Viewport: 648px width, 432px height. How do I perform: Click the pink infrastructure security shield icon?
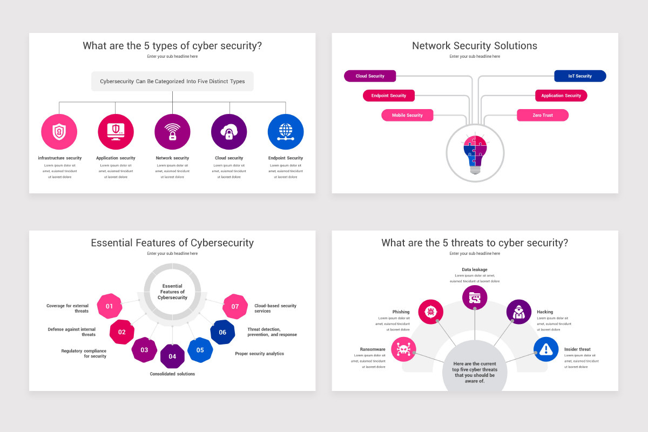(x=59, y=132)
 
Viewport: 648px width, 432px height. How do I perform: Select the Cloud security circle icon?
(x=229, y=132)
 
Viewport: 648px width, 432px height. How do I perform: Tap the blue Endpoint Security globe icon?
(x=286, y=132)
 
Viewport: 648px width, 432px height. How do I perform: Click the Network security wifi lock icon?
(x=172, y=132)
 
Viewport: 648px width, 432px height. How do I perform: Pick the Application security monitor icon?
(x=116, y=132)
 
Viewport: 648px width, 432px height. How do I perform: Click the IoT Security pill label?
(x=580, y=76)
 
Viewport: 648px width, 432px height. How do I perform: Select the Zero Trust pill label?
(x=543, y=115)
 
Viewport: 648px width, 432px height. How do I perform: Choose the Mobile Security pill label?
(x=407, y=115)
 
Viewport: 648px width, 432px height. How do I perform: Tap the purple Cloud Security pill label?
(x=370, y=76)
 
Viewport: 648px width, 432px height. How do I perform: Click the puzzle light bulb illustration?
(x=475, y=154)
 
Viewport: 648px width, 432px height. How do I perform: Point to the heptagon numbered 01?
(x=110, y=306)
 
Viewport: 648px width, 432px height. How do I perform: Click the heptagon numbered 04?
(x=172, y=356)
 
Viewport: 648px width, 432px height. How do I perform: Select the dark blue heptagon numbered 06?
(x=222, y=332)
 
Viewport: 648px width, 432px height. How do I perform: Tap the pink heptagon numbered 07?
(x=235, y=306)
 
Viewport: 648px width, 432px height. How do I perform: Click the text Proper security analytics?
(x=259, y=354)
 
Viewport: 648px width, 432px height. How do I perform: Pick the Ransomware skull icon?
(x=403, y=349)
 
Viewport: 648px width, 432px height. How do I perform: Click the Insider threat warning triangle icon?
(x=546, y=349)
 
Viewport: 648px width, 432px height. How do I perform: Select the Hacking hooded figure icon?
(x=518, y=312)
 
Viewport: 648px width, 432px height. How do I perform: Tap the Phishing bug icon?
(x=431, y=312)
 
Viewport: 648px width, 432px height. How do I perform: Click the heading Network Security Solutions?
(x=475, y=46)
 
